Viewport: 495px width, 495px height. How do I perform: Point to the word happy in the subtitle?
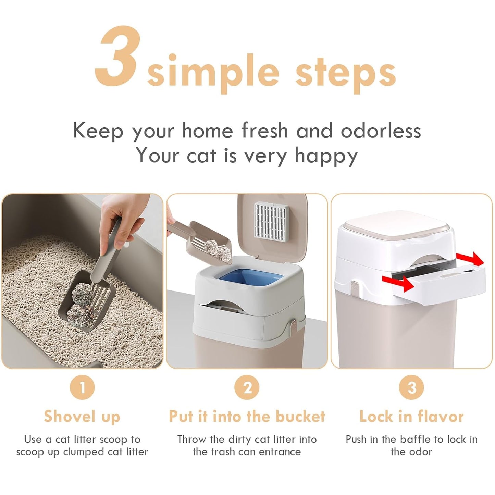[326, 156]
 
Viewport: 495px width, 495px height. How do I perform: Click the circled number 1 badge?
[82, 387]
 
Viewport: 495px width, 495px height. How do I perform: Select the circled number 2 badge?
[247, 387]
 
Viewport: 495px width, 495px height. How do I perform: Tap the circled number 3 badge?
[411, 387]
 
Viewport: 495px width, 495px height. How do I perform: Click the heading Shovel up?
[82, 417]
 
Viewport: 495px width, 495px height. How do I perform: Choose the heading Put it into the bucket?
[247, 417]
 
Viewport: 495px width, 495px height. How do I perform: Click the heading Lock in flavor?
[411, 417]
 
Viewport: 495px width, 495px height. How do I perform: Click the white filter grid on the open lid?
[270, 219]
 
